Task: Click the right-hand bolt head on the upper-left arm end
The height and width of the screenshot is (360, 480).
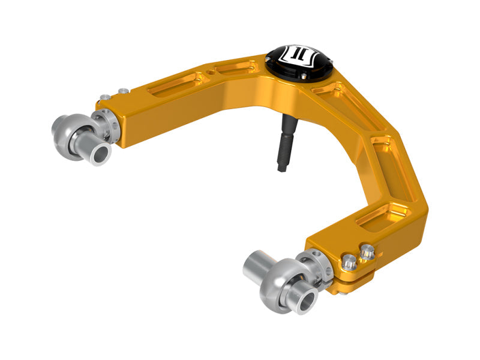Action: point(123,91)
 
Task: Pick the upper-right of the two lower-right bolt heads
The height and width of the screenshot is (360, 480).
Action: point(367,253)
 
